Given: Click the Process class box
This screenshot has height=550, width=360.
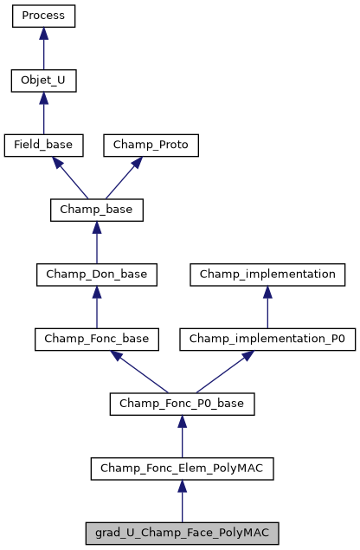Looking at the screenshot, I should coord(43,16).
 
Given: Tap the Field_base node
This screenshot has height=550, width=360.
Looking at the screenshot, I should coord(43,145).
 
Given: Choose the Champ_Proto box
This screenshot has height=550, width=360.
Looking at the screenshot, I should coord(151,145).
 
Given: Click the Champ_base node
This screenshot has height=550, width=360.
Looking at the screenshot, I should coord(96,210).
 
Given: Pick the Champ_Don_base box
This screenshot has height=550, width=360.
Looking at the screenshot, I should coord(96,275).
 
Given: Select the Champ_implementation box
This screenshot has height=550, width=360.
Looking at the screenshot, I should coord(267,275).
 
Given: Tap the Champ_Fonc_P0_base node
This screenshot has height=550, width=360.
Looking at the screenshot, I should coord(182,404).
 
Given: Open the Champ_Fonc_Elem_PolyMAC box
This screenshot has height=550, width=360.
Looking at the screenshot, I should coord(182,469).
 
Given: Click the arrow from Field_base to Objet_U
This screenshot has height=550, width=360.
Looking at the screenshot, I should coord(43,113).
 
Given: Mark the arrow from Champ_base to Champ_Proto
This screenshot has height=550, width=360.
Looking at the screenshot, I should coord(124,178).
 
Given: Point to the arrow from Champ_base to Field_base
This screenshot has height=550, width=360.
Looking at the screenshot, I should coord(69,178).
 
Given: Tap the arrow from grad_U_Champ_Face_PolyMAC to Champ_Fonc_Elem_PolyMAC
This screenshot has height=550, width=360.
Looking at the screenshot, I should coord(182,501).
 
